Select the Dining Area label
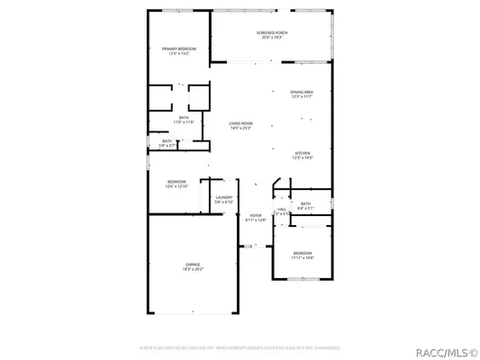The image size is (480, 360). pyautogui.click(x=302, y=92)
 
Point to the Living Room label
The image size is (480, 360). pyautogui.click(x=240, y=123)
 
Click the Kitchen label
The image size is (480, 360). pyautogui.click(x=303, y=154)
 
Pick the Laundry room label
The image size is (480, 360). pyautogui.click(x=223, y=197)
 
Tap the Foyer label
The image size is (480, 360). pyautogui.click(x=256, y=215)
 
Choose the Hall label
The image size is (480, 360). pyautogui.click(x=282, y=209)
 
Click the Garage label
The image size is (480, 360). pyautogui.click(x=194, y=263)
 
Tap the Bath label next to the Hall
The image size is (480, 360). pyautogui.click(x=305, y=203)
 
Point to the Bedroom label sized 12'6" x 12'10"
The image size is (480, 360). pyautogui.click(x=176, y=183)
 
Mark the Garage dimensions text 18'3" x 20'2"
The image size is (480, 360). pyautogui.click(x=194, y=268)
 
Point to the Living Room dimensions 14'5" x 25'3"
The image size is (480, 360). pyautogui.click(x=240, y=129)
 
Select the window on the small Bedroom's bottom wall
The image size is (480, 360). pyautogui.click(x=303, y=278)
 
